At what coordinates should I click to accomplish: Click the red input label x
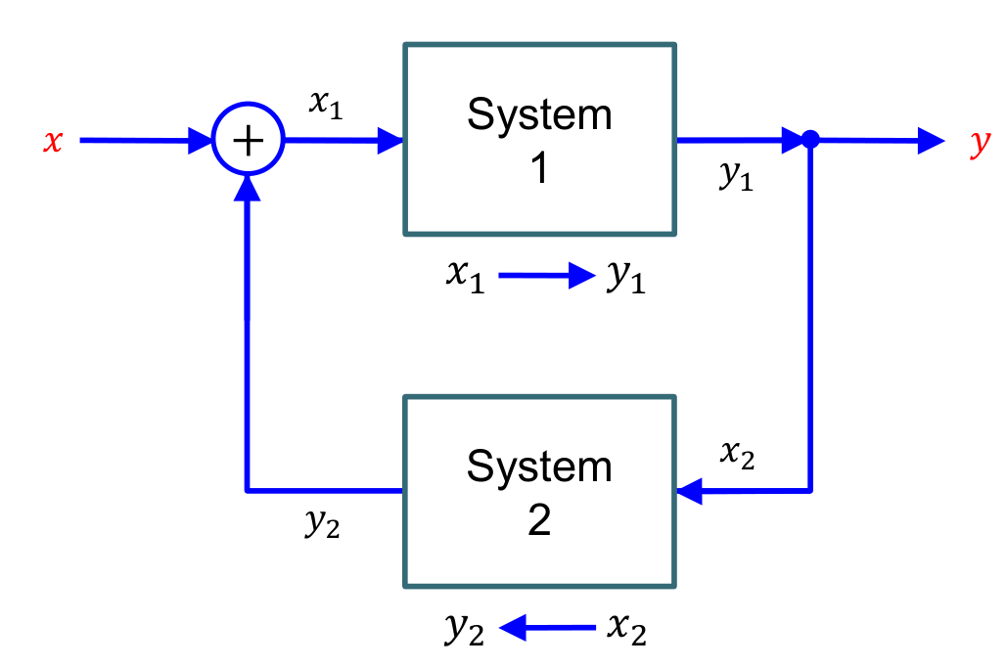(53, 143)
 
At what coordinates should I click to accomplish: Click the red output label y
(980, 144)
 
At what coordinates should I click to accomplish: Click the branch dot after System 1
(810, 140)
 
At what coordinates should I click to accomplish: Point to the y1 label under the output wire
(736, 176)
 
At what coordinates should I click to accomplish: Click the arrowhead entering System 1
(391, 141)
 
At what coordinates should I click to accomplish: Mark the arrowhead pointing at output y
(931, 141)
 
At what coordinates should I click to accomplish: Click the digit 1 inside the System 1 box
(539, 168)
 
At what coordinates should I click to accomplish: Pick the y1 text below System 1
(625, 279)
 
